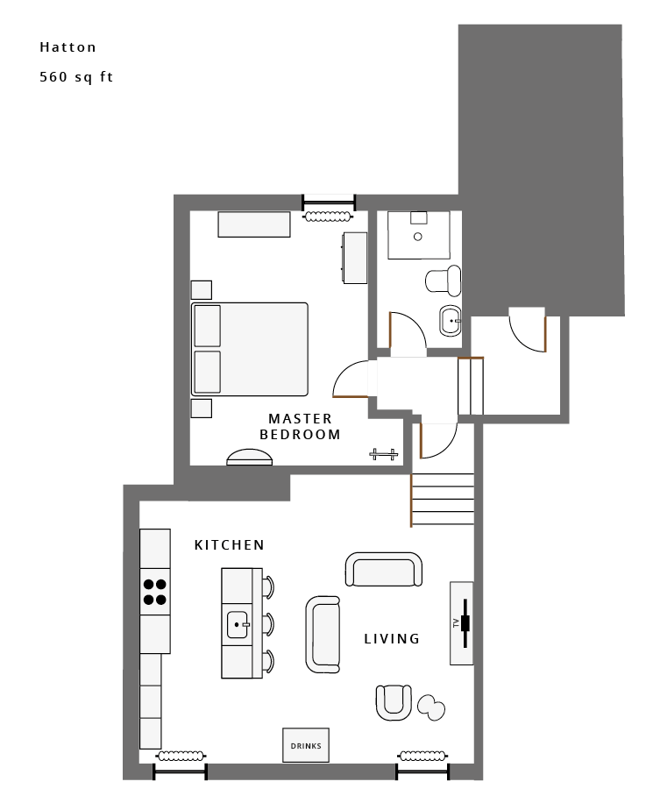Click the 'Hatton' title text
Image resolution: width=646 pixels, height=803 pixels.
tap(68, 47)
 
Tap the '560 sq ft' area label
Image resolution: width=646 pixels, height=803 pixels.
tap(76, 77)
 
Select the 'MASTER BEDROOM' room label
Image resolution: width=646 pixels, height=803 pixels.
tap(300, 427)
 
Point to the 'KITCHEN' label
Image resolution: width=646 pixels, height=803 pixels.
tap(230, 545)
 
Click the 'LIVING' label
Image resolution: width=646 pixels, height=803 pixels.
tap(392, 638)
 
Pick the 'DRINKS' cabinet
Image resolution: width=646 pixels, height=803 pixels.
tap(306, 745)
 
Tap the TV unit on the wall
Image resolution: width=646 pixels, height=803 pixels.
tap(461, 623)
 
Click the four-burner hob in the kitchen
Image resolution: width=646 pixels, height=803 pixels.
tap(154, 592)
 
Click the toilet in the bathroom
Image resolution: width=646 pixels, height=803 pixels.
tap(444, 281)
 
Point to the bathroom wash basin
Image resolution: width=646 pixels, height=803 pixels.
tap(451, 321)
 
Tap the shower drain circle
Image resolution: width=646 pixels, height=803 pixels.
tap(418, 237)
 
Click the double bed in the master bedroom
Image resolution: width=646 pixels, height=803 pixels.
tap(250, 349)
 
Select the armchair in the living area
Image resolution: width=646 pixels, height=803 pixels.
tap(394, 703)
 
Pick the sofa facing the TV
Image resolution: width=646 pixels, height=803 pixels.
tap(323, 634)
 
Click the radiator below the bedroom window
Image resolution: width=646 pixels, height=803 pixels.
tap(328, 217)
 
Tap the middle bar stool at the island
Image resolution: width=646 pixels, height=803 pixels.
tap(267, 624)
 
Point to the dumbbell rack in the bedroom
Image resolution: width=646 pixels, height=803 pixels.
tap(384, 454)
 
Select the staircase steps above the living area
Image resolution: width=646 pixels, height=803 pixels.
tap(443, 500)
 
